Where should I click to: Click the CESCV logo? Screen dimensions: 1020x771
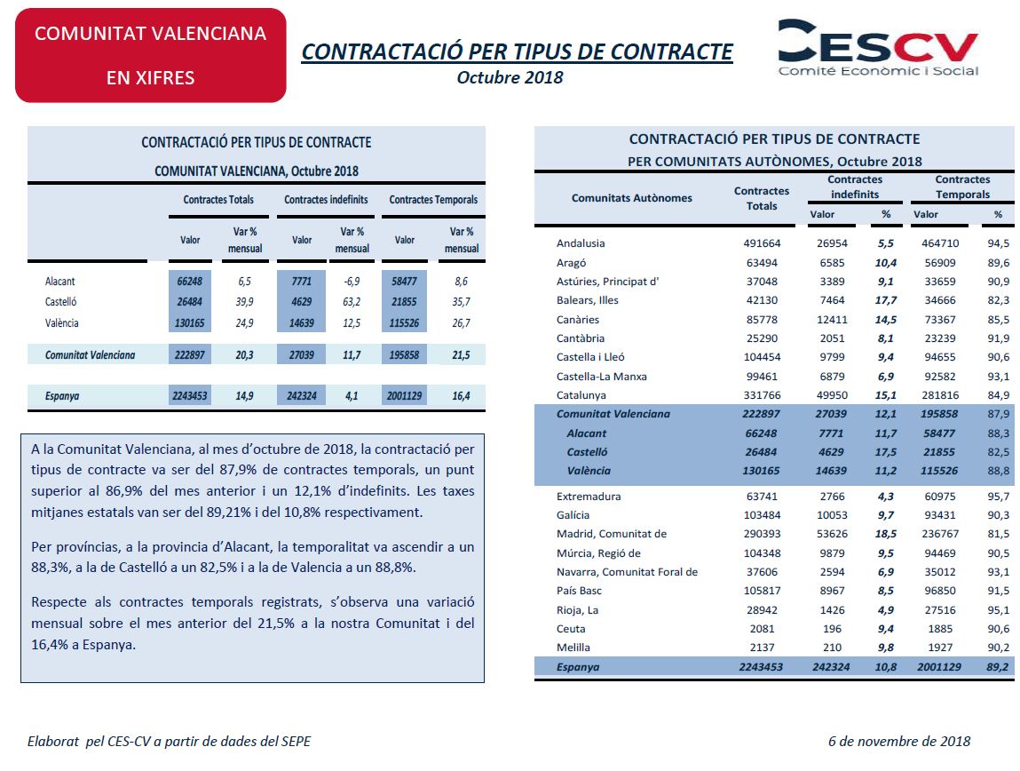click(878, 47)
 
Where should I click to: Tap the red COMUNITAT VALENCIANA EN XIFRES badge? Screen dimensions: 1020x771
click(150, 55)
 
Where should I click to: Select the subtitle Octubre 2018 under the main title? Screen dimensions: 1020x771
click(510, 77)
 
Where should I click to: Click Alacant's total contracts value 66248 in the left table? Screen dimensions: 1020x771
click(189, 281)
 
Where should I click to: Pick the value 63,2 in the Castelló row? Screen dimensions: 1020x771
click(352, 302)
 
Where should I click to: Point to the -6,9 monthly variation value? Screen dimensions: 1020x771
click(352, 281)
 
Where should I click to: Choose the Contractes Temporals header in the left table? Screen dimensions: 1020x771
click(433, 200)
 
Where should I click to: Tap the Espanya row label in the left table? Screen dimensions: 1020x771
click(62, 395)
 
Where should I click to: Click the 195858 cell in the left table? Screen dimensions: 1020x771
click(404, 355)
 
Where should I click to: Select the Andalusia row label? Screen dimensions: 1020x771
click(581, 243)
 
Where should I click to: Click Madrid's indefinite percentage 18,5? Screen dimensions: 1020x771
click(886, 534)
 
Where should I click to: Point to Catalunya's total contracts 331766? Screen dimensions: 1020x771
click(762, 395)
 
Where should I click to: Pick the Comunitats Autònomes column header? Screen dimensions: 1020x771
click(632, 198)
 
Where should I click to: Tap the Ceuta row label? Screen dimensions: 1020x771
click(571, 629)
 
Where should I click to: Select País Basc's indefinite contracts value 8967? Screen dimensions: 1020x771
click(832, 591)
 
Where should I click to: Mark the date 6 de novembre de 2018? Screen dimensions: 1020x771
click(899, 741)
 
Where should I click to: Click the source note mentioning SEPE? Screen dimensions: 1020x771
click(170, 741)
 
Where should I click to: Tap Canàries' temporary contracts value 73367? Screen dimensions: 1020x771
click(940, 320)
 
